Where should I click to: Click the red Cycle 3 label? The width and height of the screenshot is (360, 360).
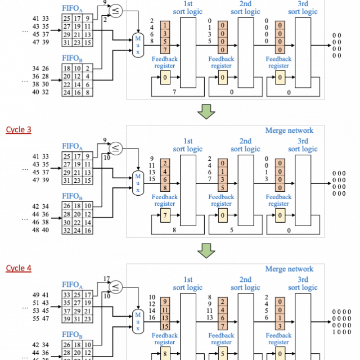[x=18, y=130]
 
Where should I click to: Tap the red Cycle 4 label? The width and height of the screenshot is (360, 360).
[x=18, y=268]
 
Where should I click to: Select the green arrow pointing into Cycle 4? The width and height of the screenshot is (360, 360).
[x=206, y=250]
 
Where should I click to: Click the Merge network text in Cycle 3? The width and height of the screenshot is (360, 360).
[x=289, y=130]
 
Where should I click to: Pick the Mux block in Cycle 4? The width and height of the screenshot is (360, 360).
[x=138, y=321]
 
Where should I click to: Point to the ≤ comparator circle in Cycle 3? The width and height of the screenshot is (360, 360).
[x=115, y=148]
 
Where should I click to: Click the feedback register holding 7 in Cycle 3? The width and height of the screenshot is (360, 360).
[x=165, y=215]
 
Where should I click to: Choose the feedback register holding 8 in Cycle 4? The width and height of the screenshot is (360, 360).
[x=165, y=353]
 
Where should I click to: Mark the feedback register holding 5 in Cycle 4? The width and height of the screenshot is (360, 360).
[x=223, y=353]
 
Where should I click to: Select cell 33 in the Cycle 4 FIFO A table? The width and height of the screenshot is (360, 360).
[x=67, y=295]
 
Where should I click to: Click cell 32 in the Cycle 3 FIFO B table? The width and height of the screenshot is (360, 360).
[x=67, y=230]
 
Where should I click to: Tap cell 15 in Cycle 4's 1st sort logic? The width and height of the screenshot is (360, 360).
[x=165, y=326]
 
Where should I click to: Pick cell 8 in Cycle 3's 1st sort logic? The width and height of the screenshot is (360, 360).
[x=165, y=188]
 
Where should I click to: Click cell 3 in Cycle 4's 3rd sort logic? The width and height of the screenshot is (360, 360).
[x=280, y=326]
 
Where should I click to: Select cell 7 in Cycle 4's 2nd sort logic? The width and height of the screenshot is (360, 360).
[x=223, y=326]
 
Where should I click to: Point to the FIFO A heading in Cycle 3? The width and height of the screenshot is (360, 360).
[x=72, y=147]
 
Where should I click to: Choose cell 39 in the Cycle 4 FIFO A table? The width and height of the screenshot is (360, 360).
[x=67, y=319]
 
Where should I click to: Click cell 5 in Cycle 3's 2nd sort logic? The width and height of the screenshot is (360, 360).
[x=223, y=188]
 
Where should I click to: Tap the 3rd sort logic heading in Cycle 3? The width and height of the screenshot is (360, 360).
[x=303, y=145]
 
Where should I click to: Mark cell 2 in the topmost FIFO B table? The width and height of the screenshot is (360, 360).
[x=88, y=68]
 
